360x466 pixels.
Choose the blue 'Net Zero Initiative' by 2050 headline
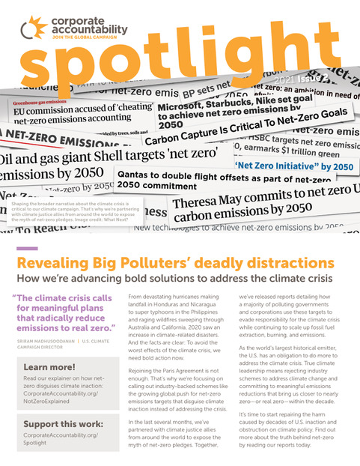coord(291,166)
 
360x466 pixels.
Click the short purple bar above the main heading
coord(26,249)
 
